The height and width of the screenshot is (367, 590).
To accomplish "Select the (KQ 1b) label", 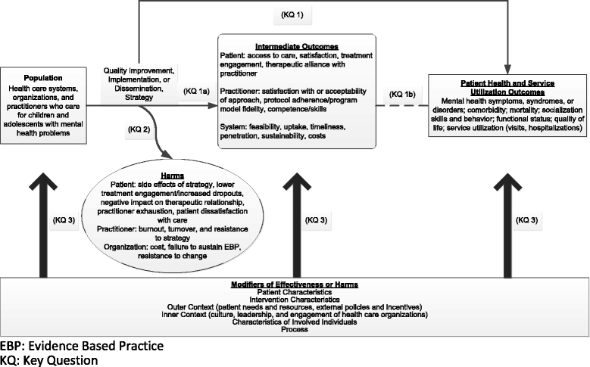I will (401, 94).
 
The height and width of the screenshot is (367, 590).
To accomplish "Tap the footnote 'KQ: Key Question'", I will (49, 360).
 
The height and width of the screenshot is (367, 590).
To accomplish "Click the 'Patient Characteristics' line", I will (295, 291).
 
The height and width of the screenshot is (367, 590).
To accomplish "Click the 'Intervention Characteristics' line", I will (295, 299).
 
